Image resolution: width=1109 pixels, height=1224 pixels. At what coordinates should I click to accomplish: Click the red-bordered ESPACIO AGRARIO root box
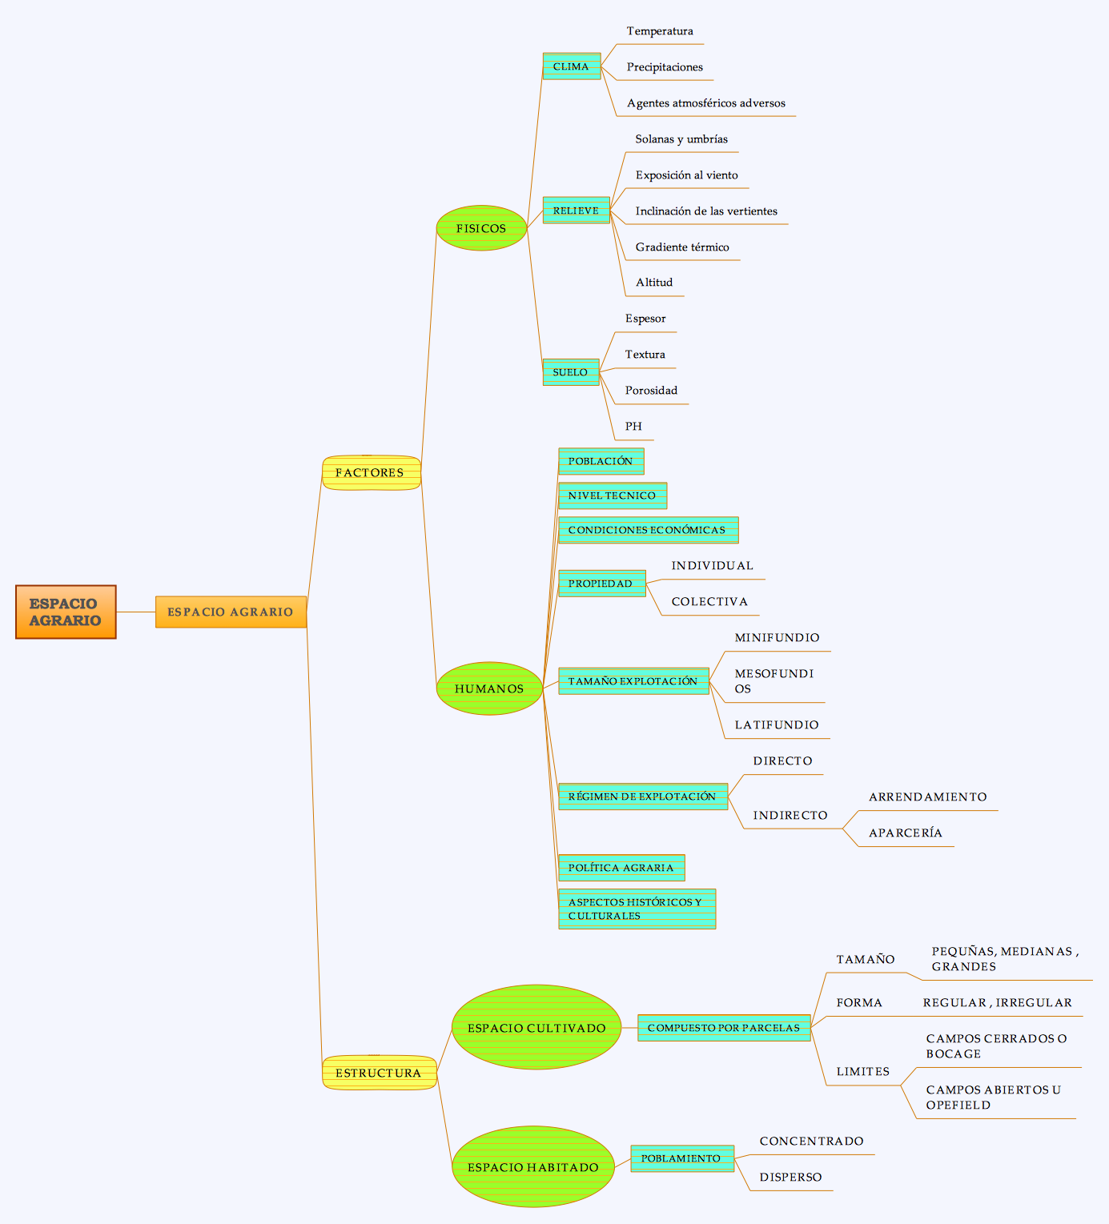[66, 612]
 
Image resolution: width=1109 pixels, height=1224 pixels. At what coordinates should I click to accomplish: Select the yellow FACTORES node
[371, 472]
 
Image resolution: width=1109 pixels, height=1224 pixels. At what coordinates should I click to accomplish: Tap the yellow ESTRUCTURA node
[379, 1072]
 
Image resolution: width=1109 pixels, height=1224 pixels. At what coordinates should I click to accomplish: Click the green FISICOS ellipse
[481, 228]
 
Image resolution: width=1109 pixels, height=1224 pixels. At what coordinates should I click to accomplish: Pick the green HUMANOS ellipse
[489, 688]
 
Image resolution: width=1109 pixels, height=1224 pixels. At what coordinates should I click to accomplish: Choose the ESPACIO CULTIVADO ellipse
[536, 1028]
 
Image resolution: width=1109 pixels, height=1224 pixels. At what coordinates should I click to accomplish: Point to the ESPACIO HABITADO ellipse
[532, 1166]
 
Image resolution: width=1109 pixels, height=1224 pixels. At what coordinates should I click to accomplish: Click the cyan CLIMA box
[571, 66]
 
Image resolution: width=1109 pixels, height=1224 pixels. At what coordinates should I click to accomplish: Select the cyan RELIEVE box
[577, 210]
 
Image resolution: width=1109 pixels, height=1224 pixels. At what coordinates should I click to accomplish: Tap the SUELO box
[571, 371]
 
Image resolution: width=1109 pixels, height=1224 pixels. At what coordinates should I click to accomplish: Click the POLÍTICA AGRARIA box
[621, 867]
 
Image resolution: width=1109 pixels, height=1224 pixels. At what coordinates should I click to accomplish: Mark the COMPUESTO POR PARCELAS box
[724, 1028]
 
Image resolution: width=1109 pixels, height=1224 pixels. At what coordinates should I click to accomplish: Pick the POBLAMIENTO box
[681, 1158]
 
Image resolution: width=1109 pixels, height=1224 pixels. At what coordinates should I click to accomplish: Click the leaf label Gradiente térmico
[682, 247]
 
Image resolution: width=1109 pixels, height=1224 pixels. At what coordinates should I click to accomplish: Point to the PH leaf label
[633, 426]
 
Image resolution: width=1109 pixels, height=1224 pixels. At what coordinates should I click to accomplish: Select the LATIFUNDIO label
[777, 725]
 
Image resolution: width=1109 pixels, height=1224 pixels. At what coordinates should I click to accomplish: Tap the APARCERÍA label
[905, 833]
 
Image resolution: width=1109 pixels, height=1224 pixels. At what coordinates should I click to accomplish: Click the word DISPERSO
[790, 1177]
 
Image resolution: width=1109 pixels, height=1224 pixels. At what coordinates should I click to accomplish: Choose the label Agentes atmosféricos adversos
[706, 103]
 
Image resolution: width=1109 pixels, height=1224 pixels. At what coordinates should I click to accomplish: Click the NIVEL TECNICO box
[613, 496]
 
